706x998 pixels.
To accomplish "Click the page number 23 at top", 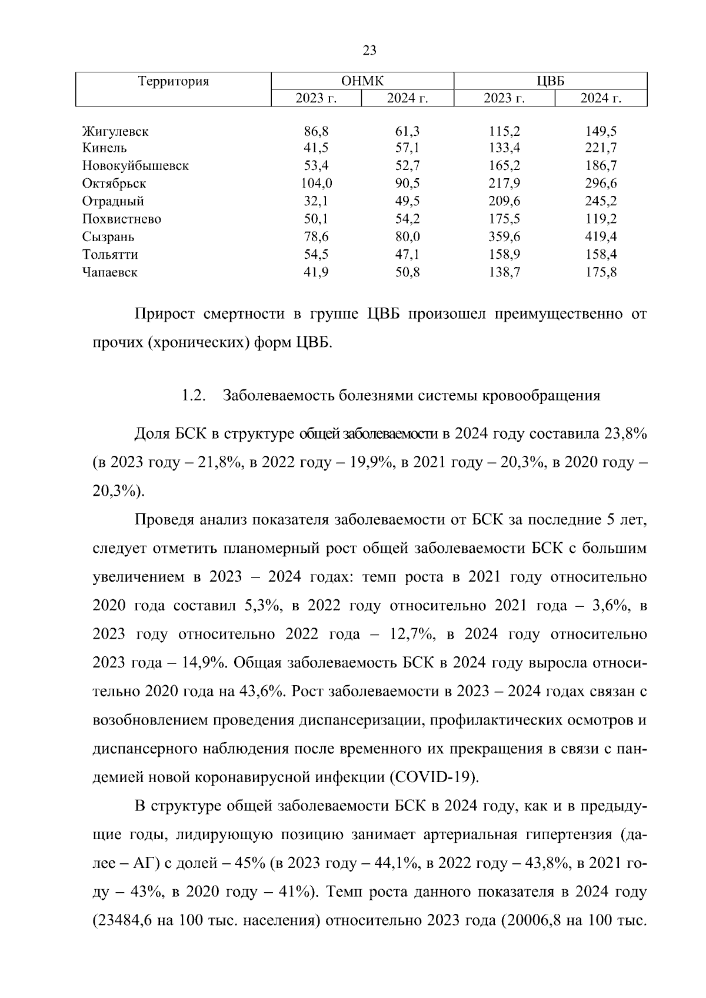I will point(369,51).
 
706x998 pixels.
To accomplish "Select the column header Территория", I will point(174,81).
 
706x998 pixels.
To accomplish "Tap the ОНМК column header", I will point(362,81).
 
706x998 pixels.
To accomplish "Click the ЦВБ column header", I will point(551,81).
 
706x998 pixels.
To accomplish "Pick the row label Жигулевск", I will point(115,131).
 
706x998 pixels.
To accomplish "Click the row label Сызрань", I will point(108,237).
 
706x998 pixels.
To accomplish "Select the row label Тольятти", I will point(111,255).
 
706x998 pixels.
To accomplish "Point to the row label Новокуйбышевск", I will point(135,166).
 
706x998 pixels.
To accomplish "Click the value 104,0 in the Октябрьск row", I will point(317,183).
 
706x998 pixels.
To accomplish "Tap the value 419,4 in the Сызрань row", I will point(601,237).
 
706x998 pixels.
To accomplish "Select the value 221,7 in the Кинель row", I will point(601,148).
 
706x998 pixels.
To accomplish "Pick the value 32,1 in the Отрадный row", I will point(317,201).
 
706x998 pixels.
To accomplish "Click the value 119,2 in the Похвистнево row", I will point(601,219).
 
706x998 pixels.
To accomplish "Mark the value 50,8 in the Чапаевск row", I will point(407,272).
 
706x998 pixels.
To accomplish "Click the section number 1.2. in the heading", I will point(193,396).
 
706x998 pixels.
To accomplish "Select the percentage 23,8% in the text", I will point(625,434).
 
